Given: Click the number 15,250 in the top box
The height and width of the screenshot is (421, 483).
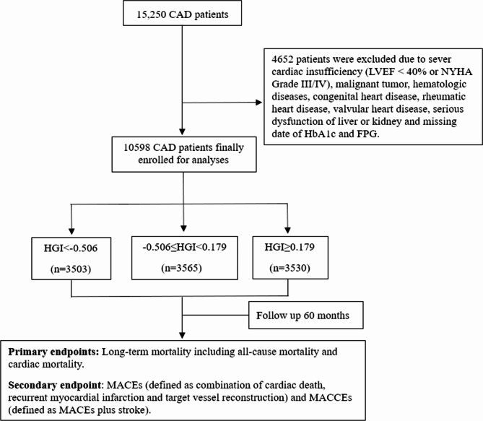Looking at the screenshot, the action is pyautogui.click(x=151, y=14).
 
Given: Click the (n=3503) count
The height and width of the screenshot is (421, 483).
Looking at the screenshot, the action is pyautogui.click(x=71, y=269).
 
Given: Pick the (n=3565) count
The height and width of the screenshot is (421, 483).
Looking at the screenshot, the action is pyautogui.click(x=181, y=268).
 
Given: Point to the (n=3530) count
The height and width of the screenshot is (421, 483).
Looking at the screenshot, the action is pyautogui.click(x=290, y=268).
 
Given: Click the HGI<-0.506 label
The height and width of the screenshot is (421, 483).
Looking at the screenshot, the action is pyautogui.click(x=71, y=248).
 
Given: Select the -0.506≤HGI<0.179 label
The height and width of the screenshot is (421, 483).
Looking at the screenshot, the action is pyautogui.click(x=184, y=247).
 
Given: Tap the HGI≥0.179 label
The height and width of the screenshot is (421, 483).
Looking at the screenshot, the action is pyautogui.click(x=290, y=247).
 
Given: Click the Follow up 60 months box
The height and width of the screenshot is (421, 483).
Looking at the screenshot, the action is pyautogui.click(x=306, y=316).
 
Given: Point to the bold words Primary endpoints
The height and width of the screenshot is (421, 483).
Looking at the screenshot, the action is pyautogui.click(x=53, y=352).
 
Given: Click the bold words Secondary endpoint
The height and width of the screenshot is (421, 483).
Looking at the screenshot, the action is pyautogui.click(x=55, y=385).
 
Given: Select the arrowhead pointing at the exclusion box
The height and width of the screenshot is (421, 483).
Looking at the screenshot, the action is pyautogui.click(x=259, y=103).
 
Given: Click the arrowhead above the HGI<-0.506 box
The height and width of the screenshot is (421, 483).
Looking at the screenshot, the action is pyautogui.click(x=71, y=231).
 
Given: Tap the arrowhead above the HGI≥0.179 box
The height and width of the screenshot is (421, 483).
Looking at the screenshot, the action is pyautogui.click(x=287, y=230).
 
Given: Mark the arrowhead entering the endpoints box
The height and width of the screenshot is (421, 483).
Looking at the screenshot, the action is pyautogui.click(x=182, y=335).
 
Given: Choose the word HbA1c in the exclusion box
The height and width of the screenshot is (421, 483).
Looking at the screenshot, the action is pyautogui.click(x=319, y=134).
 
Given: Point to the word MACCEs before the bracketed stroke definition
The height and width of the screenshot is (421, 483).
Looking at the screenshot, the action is pyautogui.click(x=330, y=397).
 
